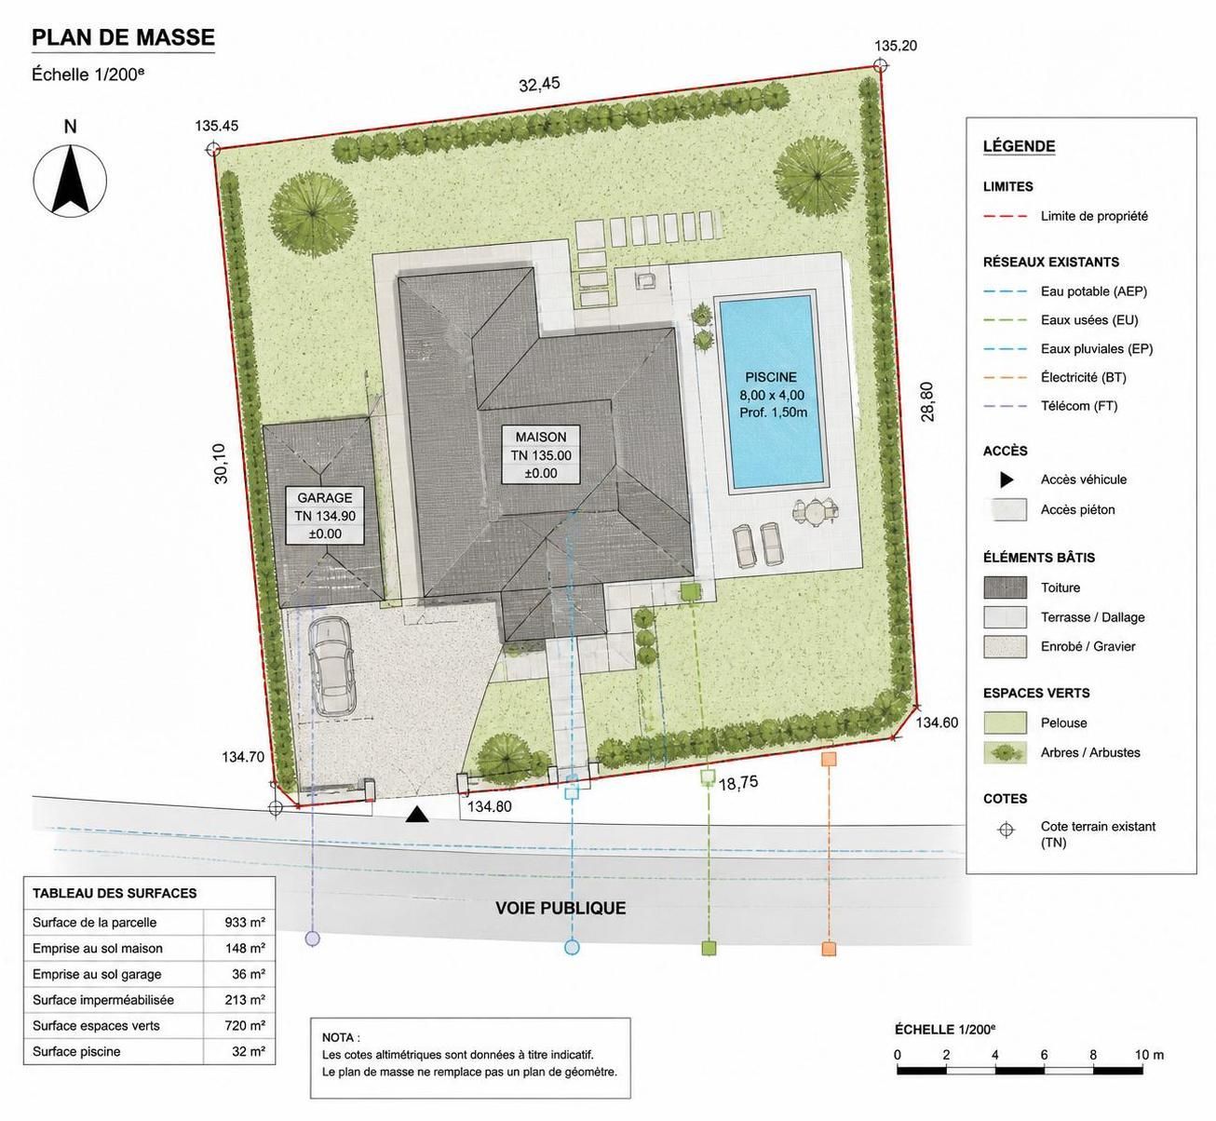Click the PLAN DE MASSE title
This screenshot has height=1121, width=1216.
[123, 37]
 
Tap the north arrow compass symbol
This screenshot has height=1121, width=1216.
[70, 181]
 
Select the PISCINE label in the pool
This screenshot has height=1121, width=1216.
[771, 377]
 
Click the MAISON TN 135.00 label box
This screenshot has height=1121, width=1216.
[541, 454]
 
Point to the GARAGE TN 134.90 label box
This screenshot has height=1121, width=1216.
[325, 515]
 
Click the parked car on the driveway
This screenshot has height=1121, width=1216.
[331, 666]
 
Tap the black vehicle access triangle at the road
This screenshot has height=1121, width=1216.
[417, 814]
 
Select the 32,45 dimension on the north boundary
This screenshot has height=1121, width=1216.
[539, 85]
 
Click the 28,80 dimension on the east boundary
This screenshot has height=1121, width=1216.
[927, 402]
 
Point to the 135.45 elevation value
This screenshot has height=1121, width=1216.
[216, 126]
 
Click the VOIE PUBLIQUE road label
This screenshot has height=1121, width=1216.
[561, 908]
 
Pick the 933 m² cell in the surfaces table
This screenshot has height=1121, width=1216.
[244, 923]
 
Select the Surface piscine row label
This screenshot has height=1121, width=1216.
[76, 1051]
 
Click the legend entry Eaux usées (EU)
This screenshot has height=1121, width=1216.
[1089, 319]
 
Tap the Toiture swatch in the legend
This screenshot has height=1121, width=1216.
[1005, 587]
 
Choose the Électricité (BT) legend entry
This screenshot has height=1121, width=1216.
[1083, 377]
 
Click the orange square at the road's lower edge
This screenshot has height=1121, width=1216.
[829, 949]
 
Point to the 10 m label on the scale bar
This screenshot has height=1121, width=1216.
[1149, 1055]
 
